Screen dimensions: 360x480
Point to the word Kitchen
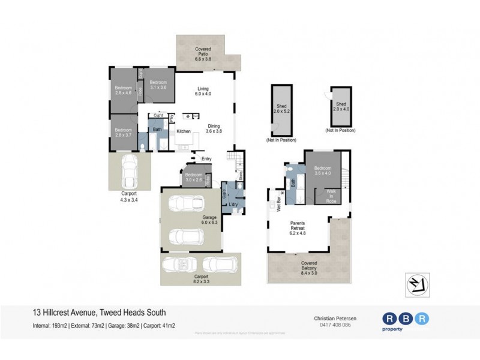(183, 131)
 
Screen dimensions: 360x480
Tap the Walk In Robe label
(331, 197)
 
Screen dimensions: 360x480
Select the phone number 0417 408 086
(332, 325)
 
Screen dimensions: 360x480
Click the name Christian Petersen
(332, 318)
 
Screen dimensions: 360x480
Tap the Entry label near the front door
(207, 159)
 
